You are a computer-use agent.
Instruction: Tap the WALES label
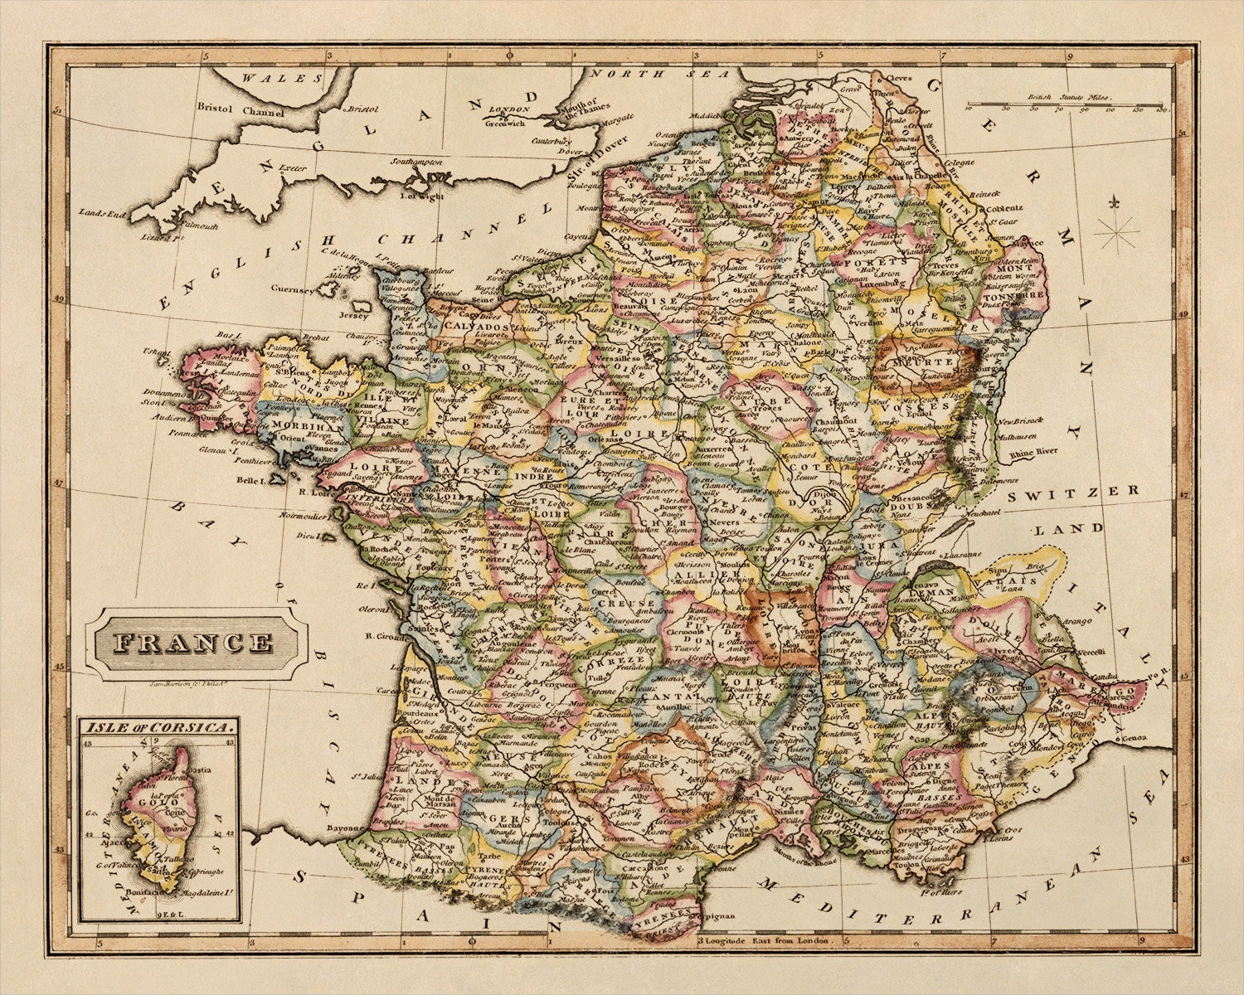click(270, 78)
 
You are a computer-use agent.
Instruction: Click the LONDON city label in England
click(508, 110)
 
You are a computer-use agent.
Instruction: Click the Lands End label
click(102, 213)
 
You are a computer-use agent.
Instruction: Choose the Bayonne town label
click(344, 828)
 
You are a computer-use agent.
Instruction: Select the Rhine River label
click(1033, 452)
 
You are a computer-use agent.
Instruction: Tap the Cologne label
click(960, 163)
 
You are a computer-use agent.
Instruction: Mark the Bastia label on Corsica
click(202, 770)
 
